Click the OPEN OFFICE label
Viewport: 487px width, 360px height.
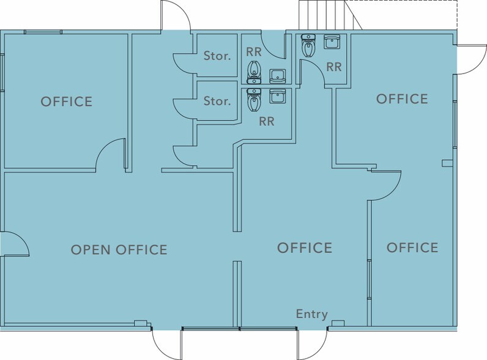click(x=119, y=250)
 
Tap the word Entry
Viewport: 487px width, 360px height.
click(x=312, y=314)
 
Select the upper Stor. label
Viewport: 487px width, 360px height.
click(x=217, y=56)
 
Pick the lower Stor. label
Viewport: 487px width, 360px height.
click(x=217, y=101)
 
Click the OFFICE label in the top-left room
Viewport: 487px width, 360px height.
click(x=67, y=102)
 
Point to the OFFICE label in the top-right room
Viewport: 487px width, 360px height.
click(x=402, y=99)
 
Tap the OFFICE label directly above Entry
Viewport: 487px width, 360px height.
click(x=305, y=248)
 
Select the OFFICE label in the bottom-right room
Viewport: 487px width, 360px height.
click(x=412, y=247)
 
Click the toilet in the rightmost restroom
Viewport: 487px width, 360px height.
click(x=308, y=45)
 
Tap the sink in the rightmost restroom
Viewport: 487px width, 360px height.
click(x=332, y=42)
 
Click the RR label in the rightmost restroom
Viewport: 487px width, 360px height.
click(x=334, y=67)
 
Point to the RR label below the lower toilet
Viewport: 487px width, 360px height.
click(x=267, y=122)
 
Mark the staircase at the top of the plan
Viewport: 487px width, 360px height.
click(x=330, y=15)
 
